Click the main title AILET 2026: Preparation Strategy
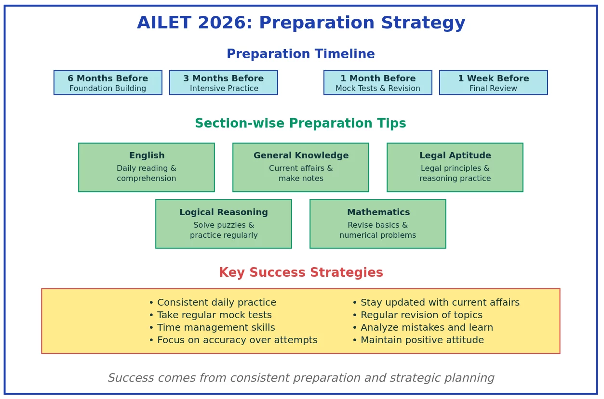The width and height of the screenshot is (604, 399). pos(301,23)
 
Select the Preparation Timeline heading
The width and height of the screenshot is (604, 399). pos(301,54)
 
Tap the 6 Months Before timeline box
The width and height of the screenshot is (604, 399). pos(108,83)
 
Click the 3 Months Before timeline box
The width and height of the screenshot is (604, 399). pos(224,83)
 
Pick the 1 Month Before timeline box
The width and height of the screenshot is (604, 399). pos(378,83)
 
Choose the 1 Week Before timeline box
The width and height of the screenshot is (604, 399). pos(493,83)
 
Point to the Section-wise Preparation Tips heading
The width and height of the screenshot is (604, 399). pos(300,124)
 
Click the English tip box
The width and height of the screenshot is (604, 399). pos(147,167)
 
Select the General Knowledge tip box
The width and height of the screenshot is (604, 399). pos(301,167)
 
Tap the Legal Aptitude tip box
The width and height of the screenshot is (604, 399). pos(455,167)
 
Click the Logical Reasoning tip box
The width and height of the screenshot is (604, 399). pos(224,224)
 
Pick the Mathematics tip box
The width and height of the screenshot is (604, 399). pos(378,224)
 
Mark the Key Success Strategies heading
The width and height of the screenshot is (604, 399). pos(301,273)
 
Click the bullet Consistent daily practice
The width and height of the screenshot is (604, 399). pos(213,303)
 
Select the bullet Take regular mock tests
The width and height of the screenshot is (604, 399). pos(210,315)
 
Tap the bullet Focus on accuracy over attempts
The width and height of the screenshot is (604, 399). pos(233,340)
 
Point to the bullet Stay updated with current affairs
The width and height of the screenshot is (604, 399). pos(436,303)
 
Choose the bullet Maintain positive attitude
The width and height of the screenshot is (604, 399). pos(418,340)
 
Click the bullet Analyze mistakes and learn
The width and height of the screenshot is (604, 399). pos(423,328)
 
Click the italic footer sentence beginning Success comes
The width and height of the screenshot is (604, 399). pos(301,378)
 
